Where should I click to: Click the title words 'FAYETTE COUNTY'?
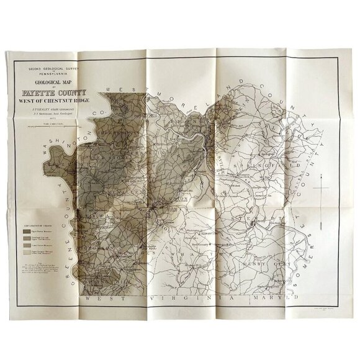click(x=60, y=95)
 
